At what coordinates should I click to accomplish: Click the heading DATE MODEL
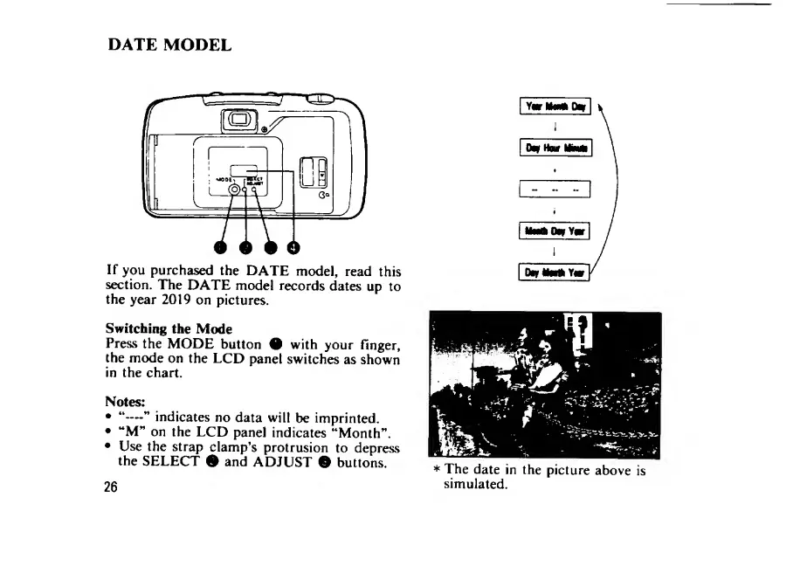coord(169,44)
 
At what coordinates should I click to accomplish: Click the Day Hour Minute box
coord(555,148)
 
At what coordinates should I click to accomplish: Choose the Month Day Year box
coord(555,231)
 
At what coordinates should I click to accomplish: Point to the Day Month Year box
coord(555,272)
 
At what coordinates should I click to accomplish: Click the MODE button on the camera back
coord(233,190)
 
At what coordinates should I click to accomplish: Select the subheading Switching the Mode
coord(169,328)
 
